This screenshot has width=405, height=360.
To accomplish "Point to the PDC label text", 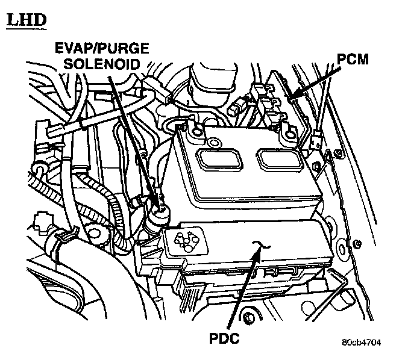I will pos(224,338).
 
